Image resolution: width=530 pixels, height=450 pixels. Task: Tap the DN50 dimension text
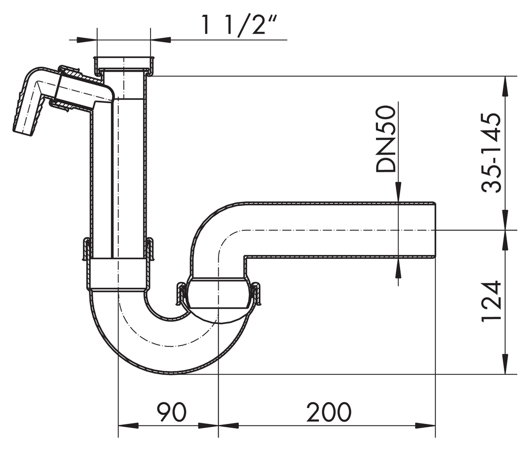(x=386, y=139)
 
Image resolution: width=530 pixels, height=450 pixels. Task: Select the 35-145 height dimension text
(x=492, y=153)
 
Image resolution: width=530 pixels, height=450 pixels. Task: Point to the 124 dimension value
(x=492, y=301)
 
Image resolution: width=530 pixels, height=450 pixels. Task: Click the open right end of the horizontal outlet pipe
(x=435, y=230)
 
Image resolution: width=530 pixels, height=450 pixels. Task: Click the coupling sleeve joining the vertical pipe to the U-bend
(x=118, y=274)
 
